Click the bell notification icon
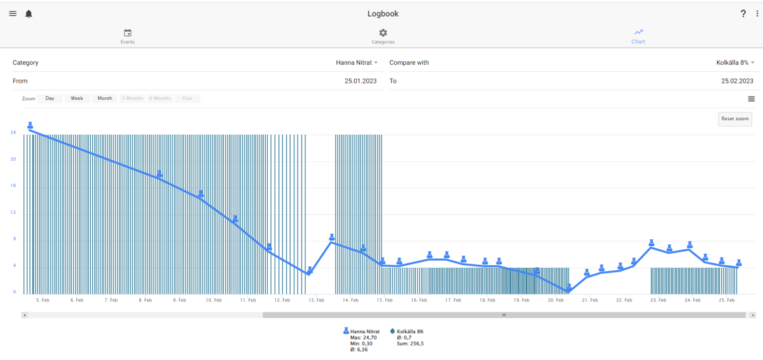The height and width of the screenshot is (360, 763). coord(29,13)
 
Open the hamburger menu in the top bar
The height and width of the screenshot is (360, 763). coord(13,13)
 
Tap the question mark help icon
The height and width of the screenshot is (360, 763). coord(743,13)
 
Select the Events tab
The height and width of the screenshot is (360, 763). coord(127,37)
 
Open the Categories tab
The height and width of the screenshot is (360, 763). coord(383,37)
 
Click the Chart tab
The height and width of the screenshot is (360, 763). coord(638,37)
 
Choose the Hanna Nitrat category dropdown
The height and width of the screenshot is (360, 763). coord(357,63)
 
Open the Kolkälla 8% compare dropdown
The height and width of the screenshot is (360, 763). coord(735,63)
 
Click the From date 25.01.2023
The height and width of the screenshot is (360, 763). coord(361,81)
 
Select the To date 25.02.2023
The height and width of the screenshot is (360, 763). coord(737,81)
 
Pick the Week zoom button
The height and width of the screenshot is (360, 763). coord(77,99)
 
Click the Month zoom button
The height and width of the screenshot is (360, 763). coord(105,99)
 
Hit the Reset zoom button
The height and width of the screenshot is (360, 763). coord(735,119)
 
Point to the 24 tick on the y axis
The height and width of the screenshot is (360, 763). coord(13,132)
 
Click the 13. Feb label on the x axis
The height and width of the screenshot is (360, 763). coord(316,300)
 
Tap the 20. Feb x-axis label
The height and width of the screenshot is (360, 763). coord(556,300)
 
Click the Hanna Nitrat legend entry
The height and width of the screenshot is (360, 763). coord(362,331)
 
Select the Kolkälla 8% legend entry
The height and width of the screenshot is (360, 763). coord(407,331)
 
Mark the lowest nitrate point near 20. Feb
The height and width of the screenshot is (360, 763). coord(568,290)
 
